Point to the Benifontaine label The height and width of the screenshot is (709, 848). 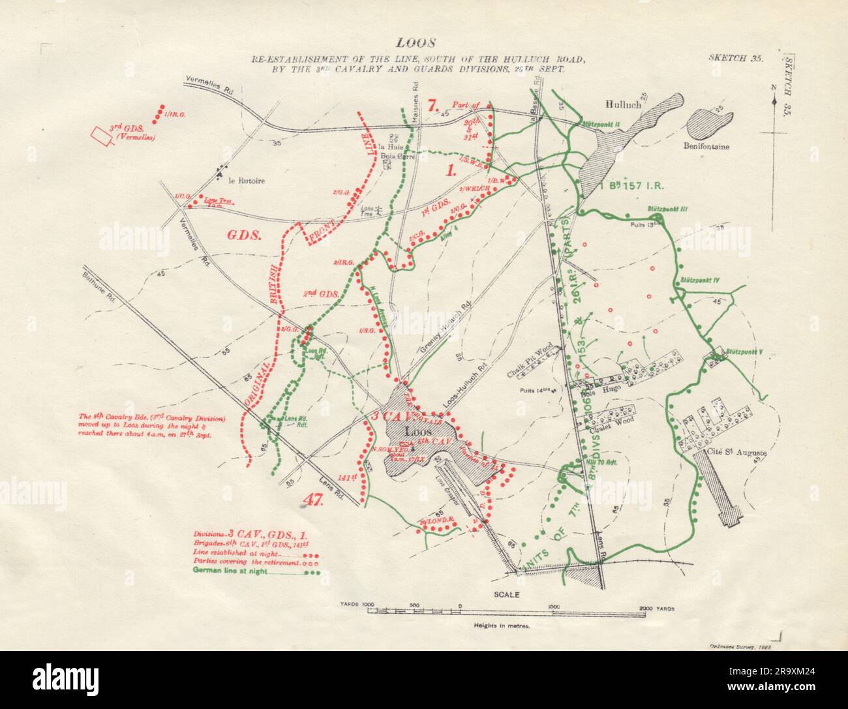[x=706, y=147]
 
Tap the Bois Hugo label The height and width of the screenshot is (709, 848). [x=594, y=388]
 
